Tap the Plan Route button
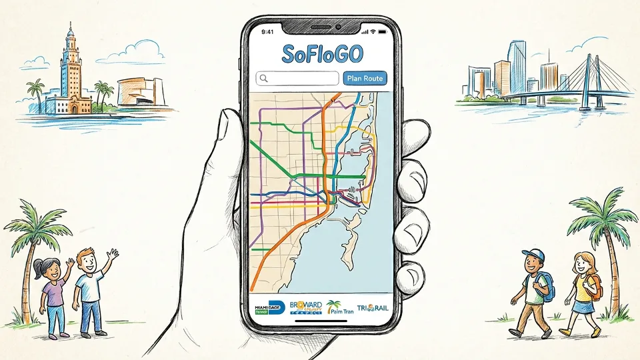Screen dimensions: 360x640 [365, 79]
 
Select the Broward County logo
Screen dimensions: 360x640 [306, 307]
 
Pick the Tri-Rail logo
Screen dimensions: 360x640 [372, 307]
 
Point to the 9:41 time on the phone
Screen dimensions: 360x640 [268, 31]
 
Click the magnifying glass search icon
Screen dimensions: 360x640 [264, 79]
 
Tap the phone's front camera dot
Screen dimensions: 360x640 [338, 27]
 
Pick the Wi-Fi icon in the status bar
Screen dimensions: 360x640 [375, 31]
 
